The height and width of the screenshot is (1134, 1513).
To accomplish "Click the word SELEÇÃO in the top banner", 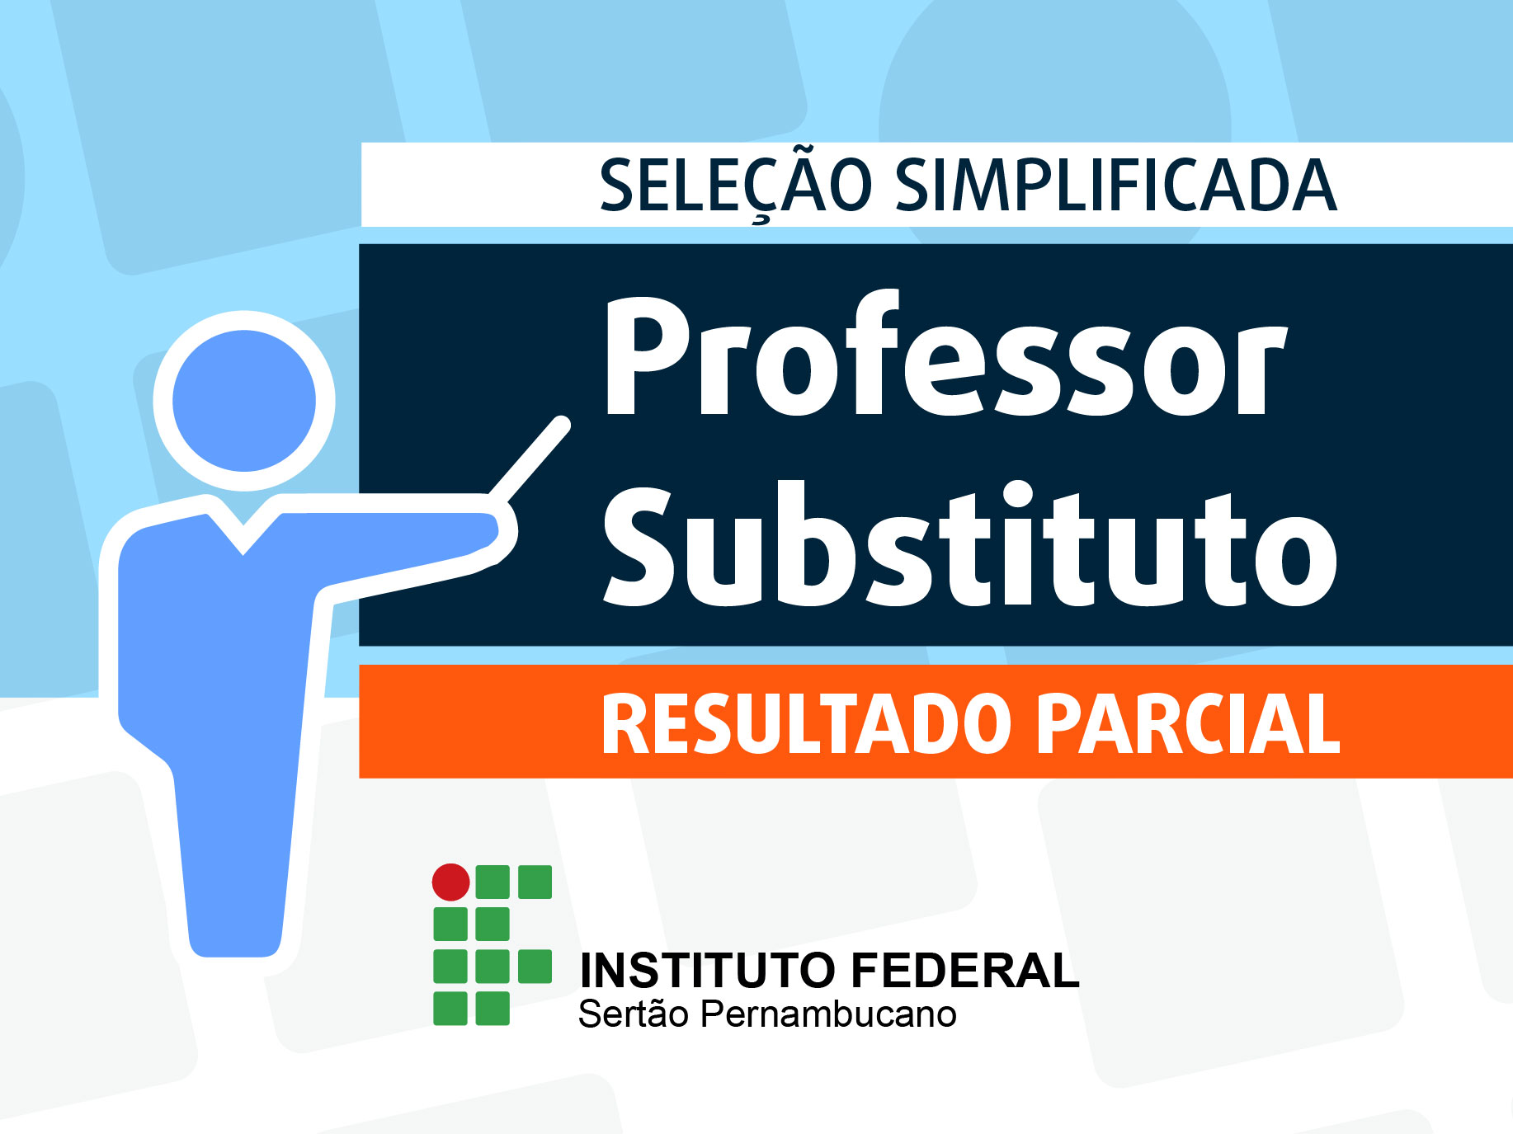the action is click(735, 184).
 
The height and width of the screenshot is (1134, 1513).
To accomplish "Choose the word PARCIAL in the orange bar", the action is click(1188, 724).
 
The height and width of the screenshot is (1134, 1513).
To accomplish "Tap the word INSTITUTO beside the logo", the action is click(708, 970).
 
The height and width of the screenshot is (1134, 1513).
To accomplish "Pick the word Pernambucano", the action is click(828, 1014).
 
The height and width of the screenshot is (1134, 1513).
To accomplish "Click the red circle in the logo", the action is click(451, 882).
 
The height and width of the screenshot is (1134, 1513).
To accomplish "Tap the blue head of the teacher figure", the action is click(244, 401).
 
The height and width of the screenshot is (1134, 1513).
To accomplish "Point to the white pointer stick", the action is click(529, 459).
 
